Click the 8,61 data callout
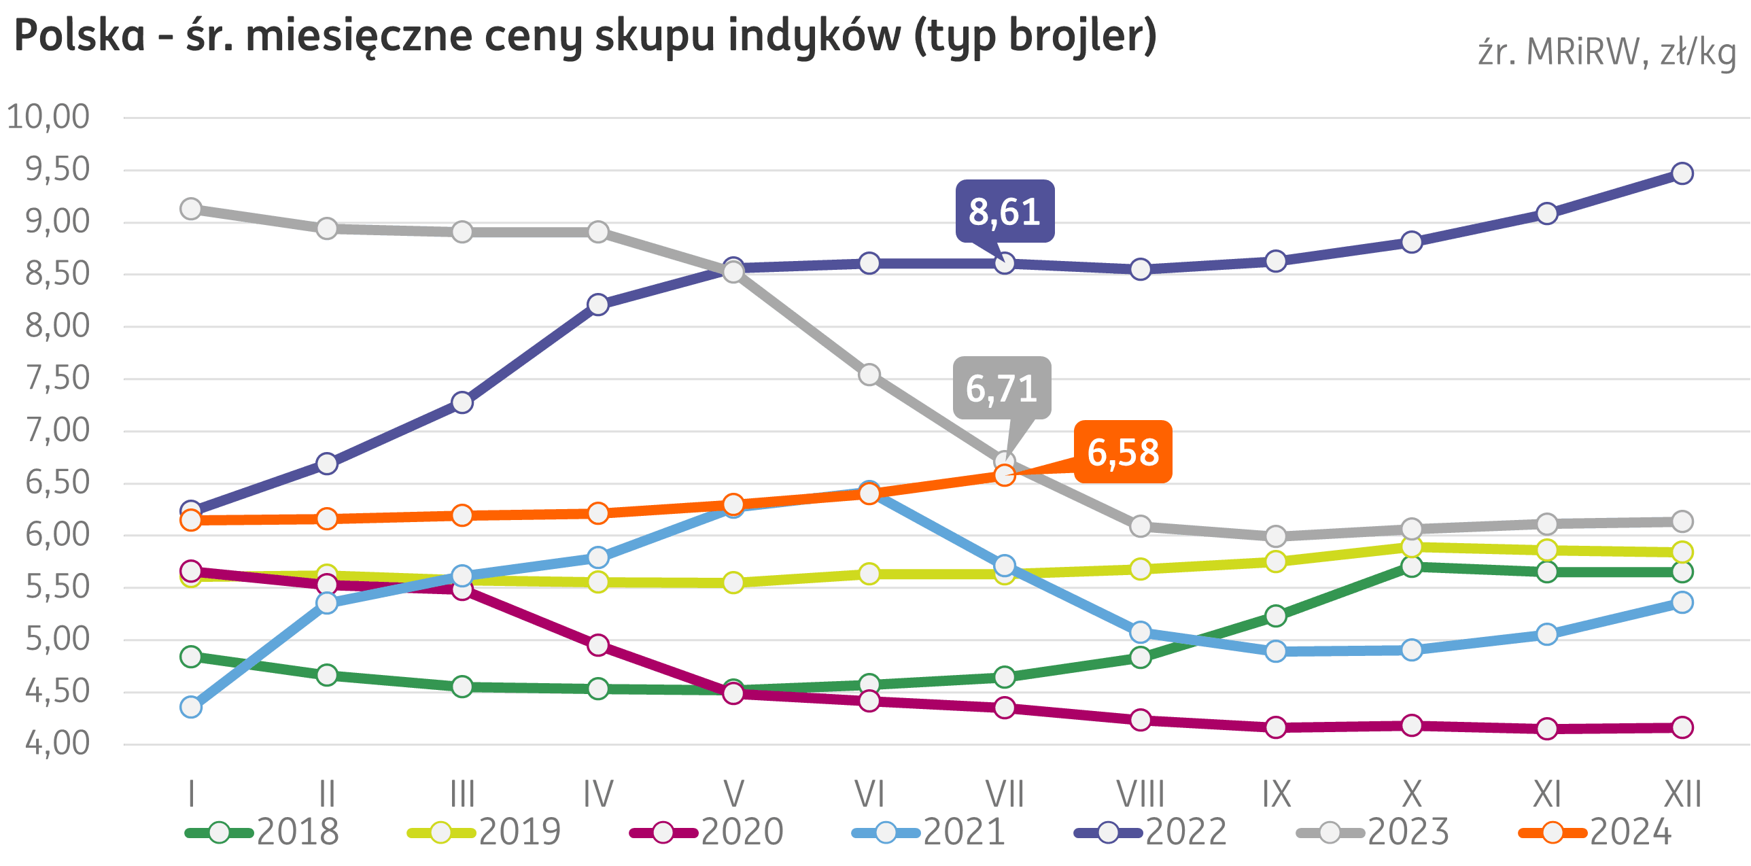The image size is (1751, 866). click(1004, 211)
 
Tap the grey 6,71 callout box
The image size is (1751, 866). click(1001, 388)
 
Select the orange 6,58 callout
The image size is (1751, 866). click(1123, 452)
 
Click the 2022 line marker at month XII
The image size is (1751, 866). click(1682, 173)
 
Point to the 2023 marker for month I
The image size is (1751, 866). click(191, 209)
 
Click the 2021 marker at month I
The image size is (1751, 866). click(191, 708)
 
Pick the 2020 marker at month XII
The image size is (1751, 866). click(1682, 727)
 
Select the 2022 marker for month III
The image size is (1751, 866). click(462, 403)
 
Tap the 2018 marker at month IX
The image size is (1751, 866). click(1276, 616)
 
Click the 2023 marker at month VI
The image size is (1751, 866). click(869, 375)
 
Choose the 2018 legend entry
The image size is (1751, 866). click(262, 832)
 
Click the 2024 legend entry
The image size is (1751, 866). click(1595, 832)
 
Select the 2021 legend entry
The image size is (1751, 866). click(929, 832)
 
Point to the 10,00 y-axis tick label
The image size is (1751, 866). click(48, 117)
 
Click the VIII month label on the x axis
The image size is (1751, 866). click(1140, 793)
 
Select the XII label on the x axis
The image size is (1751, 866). click(1682, 793)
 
